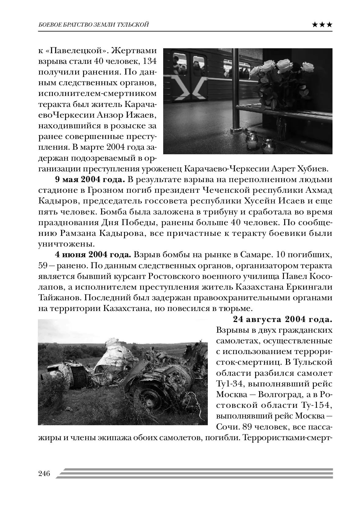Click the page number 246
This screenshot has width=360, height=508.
[44, 474]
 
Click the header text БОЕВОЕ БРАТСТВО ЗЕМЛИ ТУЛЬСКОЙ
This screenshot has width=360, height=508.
[94, 25]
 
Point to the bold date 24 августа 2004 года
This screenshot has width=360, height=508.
[283, 320]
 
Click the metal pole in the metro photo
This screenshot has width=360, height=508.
[236, 92]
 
